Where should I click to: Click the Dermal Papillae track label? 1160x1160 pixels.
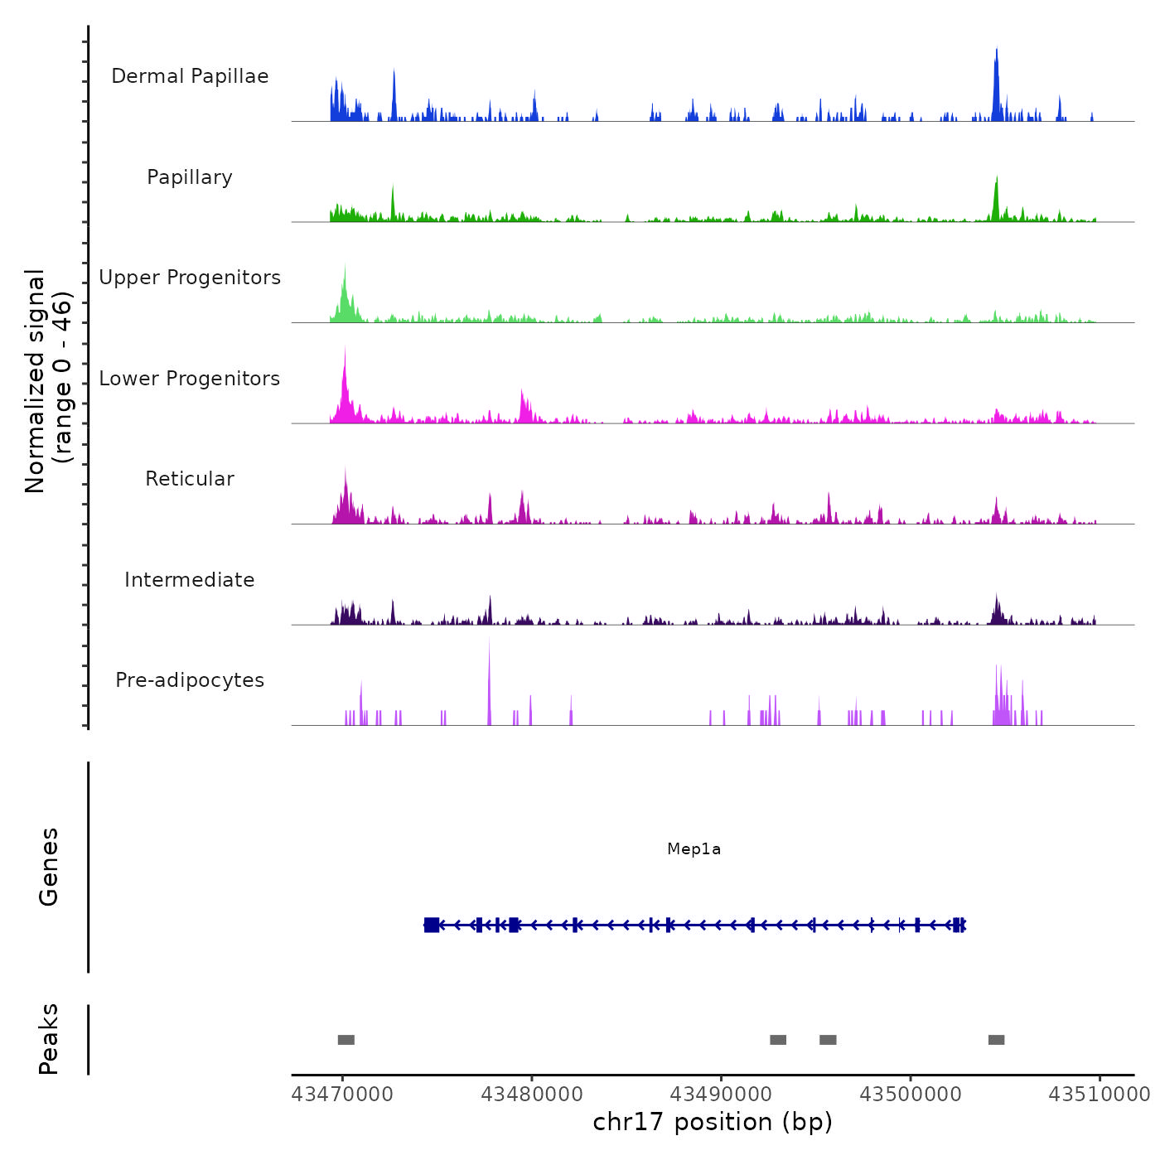(190, 76)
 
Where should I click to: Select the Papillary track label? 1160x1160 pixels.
(190, 177)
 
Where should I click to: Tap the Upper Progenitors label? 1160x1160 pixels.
(190, 278)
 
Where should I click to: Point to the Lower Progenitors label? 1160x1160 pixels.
(190, 379)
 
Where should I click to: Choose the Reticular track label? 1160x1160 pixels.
(190, 479)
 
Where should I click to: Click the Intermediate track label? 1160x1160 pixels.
(190, 580)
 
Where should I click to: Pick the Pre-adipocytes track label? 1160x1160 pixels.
(190, 680)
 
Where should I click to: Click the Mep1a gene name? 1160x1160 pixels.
(694, 849)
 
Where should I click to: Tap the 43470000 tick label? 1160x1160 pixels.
(342, 1095)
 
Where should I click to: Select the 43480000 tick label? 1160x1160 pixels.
(532, 1095)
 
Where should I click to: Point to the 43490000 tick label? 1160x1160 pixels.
(721, 1095)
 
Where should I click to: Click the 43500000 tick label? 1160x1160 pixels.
(911, 1095)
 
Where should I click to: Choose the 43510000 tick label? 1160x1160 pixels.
(1100, 1095)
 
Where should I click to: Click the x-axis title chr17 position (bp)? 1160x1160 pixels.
(713, 1122)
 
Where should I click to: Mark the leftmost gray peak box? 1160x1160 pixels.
(346, 1040)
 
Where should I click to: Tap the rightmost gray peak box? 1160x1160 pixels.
(996, 1040)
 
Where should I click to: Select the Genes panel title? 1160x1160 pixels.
(49, 867)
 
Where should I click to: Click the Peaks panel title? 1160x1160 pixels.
(49, 1039)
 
